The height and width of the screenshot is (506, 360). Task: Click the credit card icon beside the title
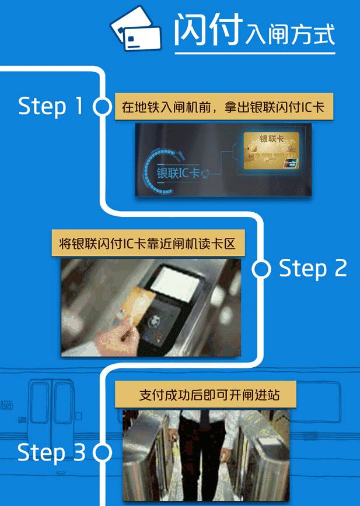coord(136,29)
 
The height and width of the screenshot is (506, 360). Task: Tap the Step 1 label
coord(51,107)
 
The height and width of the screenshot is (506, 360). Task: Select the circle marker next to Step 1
coord(102,107)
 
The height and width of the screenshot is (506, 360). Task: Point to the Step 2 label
coord(313,269)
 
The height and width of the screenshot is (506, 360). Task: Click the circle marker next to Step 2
coord(261,269)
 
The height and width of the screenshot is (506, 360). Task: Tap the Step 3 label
coord(51,452)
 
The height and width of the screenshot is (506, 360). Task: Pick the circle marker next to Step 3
coord(102,453)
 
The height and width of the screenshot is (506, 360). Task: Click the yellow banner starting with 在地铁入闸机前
coord(224,107)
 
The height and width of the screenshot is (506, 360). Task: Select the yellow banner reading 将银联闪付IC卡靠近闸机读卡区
coord(148,243)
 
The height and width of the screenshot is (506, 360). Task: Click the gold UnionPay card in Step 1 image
coord(271,150)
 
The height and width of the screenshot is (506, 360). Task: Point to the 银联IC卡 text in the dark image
coord(178,173)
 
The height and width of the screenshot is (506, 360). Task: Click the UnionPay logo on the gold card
coord(290,163)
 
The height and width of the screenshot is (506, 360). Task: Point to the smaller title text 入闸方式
coord(290,35)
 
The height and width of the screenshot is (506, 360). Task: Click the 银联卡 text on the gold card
coord(271,139)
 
